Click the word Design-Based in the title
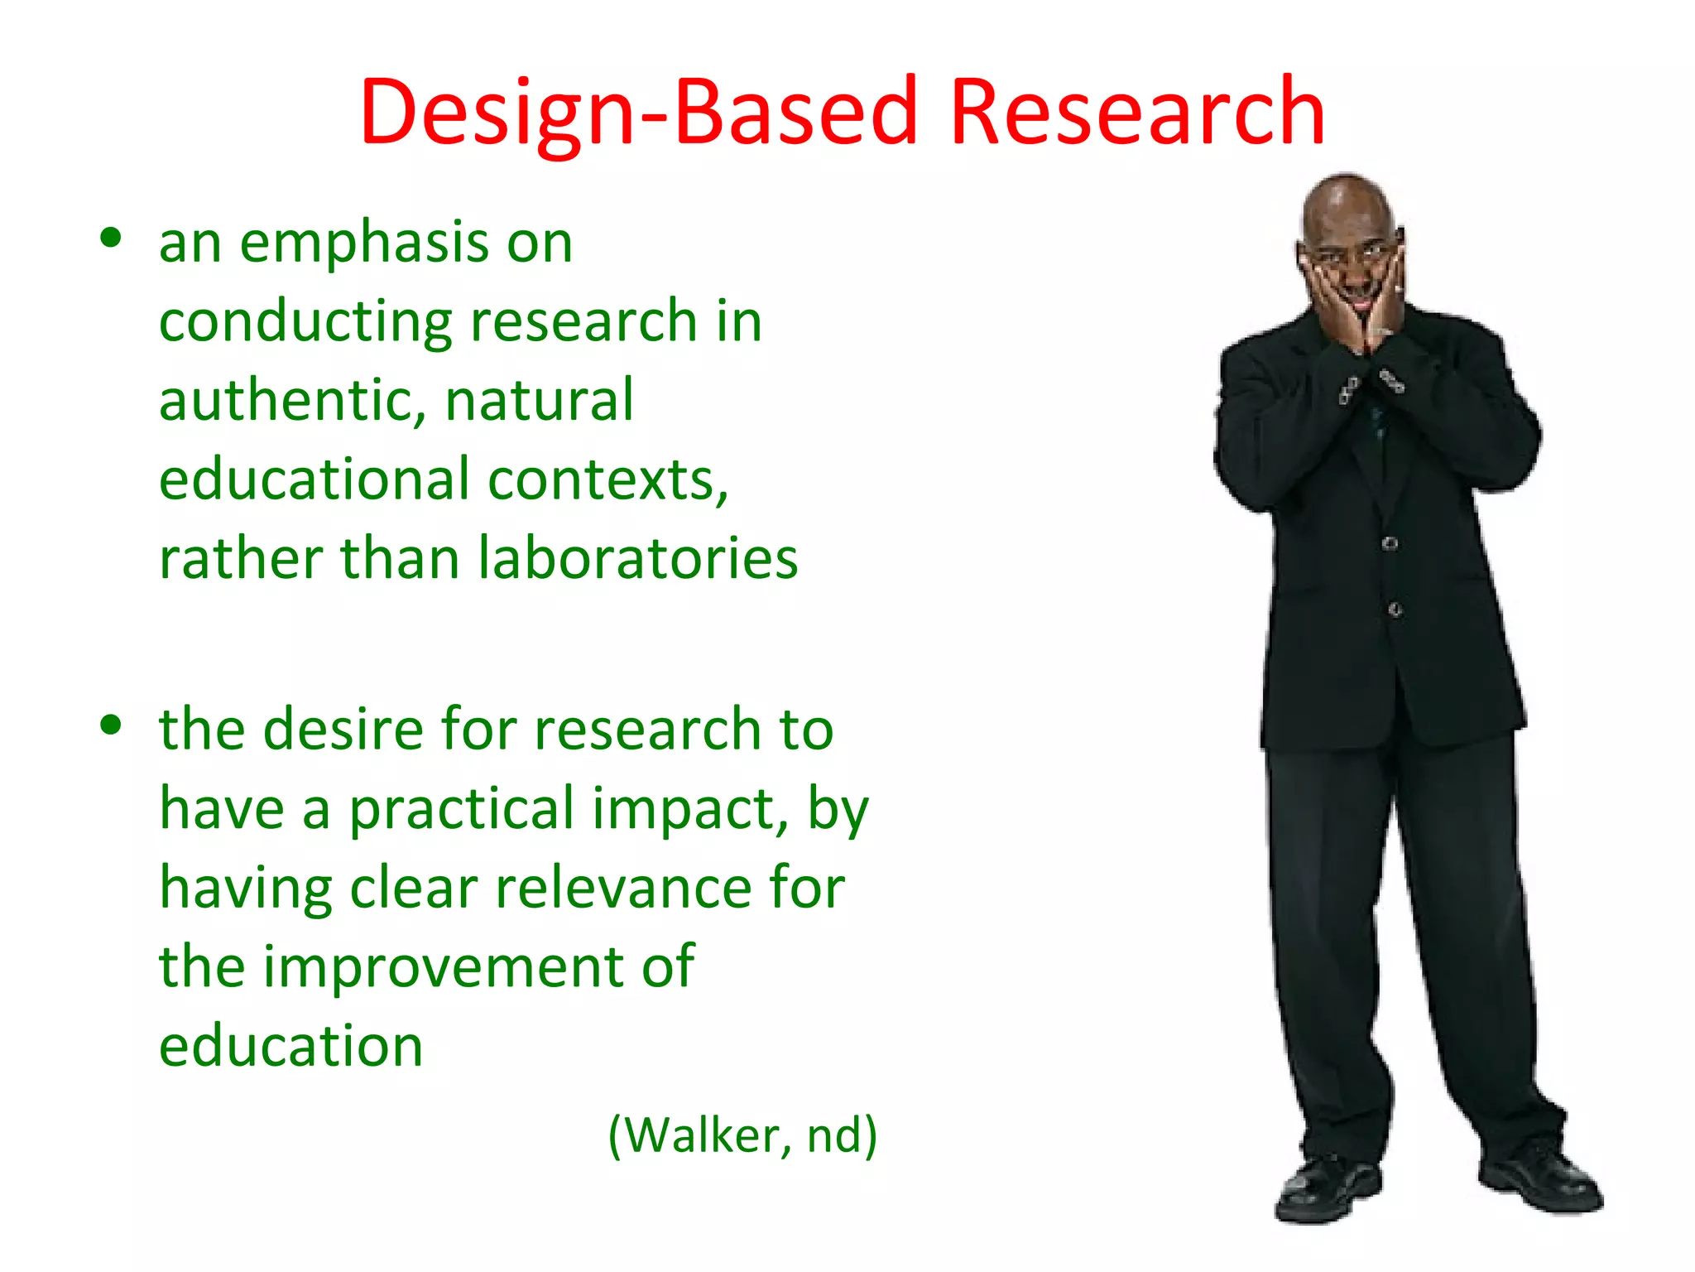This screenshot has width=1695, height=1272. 637,112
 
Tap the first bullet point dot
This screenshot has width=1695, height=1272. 110,238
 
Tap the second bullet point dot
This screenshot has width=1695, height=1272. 110,725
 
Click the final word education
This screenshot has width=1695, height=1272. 291,1045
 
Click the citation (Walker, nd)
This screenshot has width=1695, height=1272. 742,1135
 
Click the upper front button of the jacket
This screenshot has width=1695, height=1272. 1390,544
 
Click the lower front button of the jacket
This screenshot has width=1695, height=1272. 1395,610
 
